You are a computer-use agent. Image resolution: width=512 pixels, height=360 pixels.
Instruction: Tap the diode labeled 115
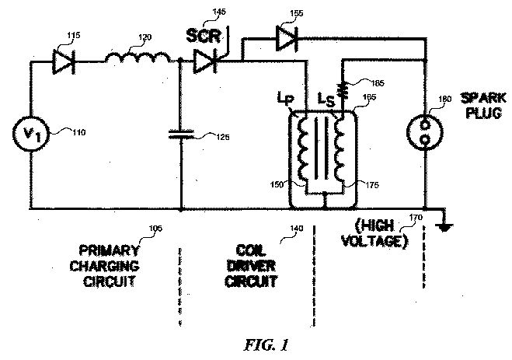pos(64,61)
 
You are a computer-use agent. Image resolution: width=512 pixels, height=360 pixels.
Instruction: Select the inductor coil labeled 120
pos(138,56)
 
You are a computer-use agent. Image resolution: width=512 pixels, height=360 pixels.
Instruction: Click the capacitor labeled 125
pos(181,134)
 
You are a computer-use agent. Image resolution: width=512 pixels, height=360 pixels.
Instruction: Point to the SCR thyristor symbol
pos(206,61)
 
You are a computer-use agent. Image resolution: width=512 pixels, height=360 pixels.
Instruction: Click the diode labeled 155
pos(287,38)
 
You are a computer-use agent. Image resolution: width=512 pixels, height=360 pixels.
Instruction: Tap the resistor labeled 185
pos(343,89)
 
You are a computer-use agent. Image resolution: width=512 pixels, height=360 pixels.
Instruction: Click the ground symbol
pos(445,226)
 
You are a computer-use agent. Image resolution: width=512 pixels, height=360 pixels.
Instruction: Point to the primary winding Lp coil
pos(302,149)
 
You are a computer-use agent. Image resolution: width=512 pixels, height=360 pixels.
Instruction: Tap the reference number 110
pos(78,132)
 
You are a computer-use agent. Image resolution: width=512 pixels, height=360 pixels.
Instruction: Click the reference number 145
pos(219,12)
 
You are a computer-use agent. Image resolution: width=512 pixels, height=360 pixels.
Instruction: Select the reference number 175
pos(372,185)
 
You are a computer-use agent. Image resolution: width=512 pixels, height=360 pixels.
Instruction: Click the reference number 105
pos(155,229)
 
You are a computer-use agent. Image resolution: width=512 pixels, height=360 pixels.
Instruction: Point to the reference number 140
pos(296,229)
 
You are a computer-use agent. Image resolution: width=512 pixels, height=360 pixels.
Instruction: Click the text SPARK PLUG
pos(483,106)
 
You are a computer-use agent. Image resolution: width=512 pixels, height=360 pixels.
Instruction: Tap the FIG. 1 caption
pos(266,344)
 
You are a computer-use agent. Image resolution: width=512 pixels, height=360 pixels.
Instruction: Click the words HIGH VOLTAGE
pos(374,233)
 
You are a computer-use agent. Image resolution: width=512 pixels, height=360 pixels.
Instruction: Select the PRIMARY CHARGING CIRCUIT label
pos(109,266)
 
